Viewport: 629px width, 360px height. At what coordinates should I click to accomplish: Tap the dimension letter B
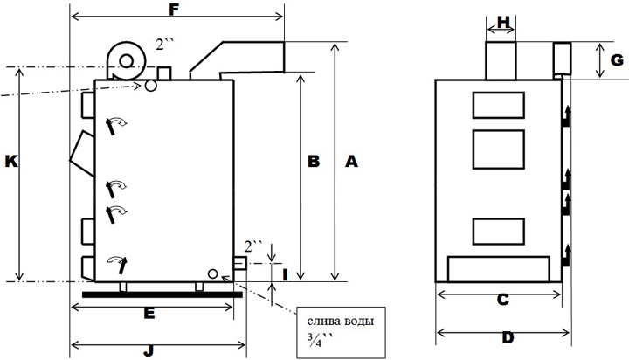point(314,161)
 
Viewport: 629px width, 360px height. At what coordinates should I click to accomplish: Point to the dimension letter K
point(10,162)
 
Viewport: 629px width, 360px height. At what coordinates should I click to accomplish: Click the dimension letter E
point(149,312)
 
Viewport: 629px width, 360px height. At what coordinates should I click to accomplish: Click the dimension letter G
point(617,60)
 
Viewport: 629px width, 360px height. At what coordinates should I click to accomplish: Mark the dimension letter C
point(502,300)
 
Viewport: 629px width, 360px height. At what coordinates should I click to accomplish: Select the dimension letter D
point(508,337)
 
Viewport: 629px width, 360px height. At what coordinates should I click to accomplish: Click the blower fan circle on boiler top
point(128,60)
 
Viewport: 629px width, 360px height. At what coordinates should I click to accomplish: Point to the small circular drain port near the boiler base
point(211,274)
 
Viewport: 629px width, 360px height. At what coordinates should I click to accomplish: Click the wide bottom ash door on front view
point(499,268)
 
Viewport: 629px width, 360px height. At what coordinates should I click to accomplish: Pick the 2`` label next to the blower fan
point(165,43)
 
